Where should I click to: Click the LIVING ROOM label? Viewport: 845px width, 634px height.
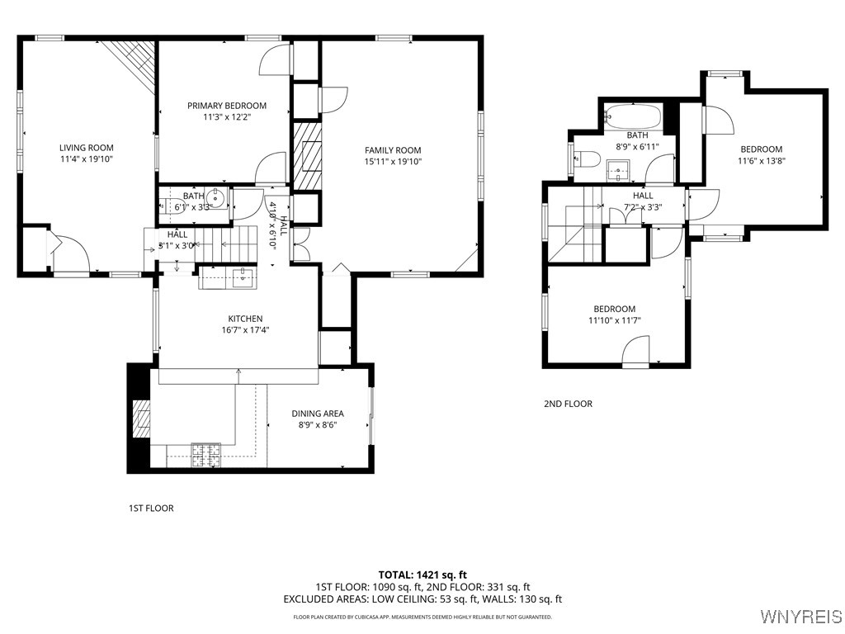point(86,148)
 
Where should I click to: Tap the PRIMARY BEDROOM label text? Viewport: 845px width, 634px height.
point(226,106)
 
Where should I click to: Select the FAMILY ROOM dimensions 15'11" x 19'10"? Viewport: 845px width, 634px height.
point(393,162)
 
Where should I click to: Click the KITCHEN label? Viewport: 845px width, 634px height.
point(245,319)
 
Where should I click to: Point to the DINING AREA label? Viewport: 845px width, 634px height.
point(317,414)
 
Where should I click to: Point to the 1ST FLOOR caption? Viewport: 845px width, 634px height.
point(151,509)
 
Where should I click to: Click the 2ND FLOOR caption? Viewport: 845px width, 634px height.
point(567,404)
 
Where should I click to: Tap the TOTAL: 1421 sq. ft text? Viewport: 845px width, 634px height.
point(422,575)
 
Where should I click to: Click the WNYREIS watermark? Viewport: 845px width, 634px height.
point(800,617)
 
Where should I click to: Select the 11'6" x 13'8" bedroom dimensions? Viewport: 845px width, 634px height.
point(761,161)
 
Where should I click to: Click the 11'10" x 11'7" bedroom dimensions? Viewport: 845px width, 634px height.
point(614,320)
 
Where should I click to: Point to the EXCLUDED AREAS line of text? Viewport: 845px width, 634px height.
point(422,599)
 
